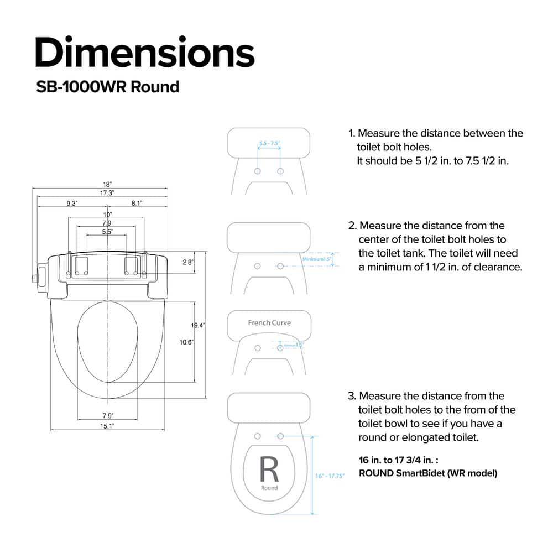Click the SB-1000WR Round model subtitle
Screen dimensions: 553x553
(107, 87)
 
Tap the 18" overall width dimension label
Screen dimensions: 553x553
(107, 184)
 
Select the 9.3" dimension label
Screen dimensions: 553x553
(72, 204)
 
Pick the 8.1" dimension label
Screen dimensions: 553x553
(137, 204)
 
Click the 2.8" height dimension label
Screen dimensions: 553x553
(187, 262)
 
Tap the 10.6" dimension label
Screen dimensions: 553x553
(186, 342)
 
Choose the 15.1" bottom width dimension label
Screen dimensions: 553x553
(107, 426)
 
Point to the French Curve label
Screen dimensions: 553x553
(269, 323)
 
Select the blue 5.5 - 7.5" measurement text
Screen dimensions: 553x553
(269, 144)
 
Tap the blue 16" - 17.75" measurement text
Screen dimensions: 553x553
(330, 476)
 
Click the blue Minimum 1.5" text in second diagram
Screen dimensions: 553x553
(316, 259)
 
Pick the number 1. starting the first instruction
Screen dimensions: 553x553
(352, 133)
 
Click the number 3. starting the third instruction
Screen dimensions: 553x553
(352, 396)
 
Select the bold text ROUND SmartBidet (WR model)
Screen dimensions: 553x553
(428, 473)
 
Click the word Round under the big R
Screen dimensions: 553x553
(269, 488)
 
